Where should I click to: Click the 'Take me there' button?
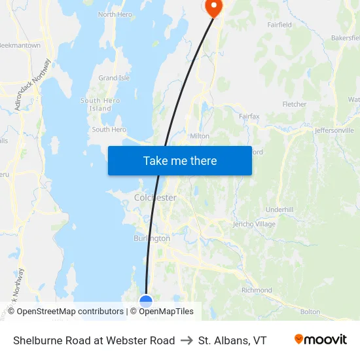pyautogui.click(x=179, y=160)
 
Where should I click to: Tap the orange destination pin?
pyautogui.click(x=214, y=7)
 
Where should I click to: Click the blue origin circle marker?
pyautogui.click(x=146, y=301)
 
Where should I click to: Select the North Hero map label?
pyautogui.click(x=115, y=14)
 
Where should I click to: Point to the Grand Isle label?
pyautogui.click(x=114, y=78)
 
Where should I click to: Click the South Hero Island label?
pyautogui.click(x=100, y=105)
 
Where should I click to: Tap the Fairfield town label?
pyautogui.click(x=279, y=25)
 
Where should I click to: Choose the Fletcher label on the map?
pyautogui.click(x=294, y=104)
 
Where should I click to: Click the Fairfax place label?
pyautogui.click(x=249, y=117)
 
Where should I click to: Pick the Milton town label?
pyautogui.click(x=199, y=136)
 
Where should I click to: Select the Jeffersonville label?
pyautogui.click(x=334, y=130)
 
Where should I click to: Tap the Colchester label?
pyautogui.click(x=155, y=197)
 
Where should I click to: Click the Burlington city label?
pyautogui.click(x=152, y=238)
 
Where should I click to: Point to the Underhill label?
pyautogui.click(x=279, y=209)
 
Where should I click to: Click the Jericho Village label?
pyautogui.click(x=254, y=224)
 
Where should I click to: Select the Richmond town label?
pyautogui.click(x=257, y=290)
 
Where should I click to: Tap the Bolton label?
pyautogui.click(x=310, y=312)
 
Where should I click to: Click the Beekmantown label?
pyautogui.click(x=20, y=46)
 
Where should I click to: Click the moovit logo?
pyautogui.click(x=321, y=340)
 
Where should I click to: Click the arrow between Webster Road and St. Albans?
pyautogui.click(x=187, y=340)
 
